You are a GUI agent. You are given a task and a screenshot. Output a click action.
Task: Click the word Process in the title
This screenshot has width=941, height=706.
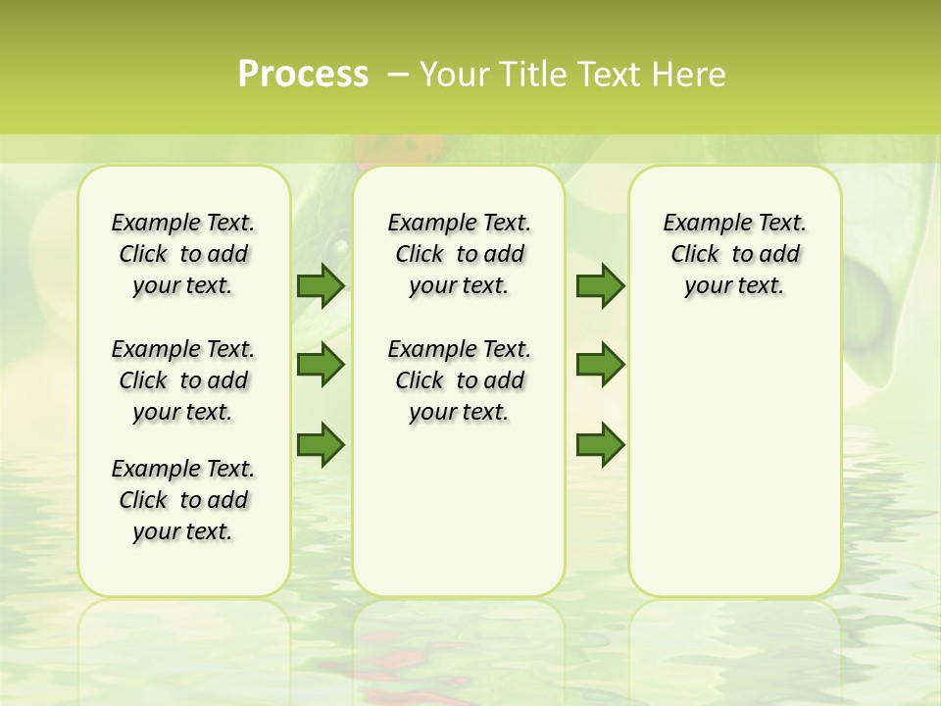[x=303, y=75]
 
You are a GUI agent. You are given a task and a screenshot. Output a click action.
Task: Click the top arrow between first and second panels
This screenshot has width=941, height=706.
[x=321, y=285]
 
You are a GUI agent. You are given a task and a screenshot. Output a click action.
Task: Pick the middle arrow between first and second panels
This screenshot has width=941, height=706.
[x=321, y=365]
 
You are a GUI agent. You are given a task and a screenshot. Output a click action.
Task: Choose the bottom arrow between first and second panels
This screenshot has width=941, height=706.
[x=321, y=444]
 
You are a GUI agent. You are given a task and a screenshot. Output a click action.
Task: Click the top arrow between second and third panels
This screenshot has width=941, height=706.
[x=600, y=285]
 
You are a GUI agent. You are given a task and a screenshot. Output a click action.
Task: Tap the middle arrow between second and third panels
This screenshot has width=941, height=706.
[x=600, y=365]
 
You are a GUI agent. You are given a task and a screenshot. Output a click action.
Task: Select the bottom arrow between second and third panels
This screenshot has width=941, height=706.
[x=600, y=444]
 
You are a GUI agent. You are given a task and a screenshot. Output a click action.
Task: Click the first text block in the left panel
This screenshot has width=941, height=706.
[x=183, y=254]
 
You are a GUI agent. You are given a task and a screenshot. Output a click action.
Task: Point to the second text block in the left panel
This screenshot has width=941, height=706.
[x=183, y=380]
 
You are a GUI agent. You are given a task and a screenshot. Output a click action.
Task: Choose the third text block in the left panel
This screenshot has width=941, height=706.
[x=183, y=500]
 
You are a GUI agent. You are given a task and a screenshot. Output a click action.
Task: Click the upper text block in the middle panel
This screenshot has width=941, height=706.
[x=459, y=254]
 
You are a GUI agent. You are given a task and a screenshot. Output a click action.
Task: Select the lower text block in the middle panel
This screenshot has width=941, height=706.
[x=459, y=380]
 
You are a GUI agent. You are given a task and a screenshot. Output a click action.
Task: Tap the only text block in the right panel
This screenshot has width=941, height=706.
[x=735, y=254]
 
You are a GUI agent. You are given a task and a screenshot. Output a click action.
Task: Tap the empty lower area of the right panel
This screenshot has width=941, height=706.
[x=735, y=461]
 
